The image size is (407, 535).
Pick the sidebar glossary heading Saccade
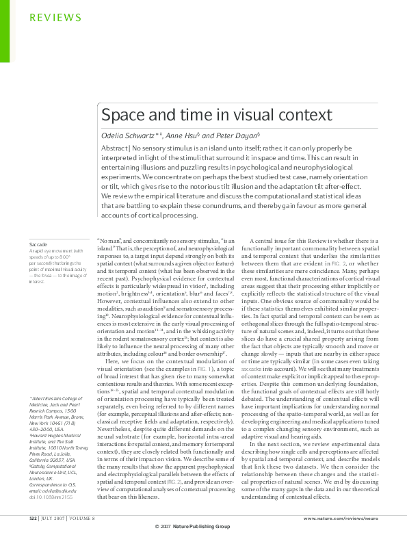[38, 244]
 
